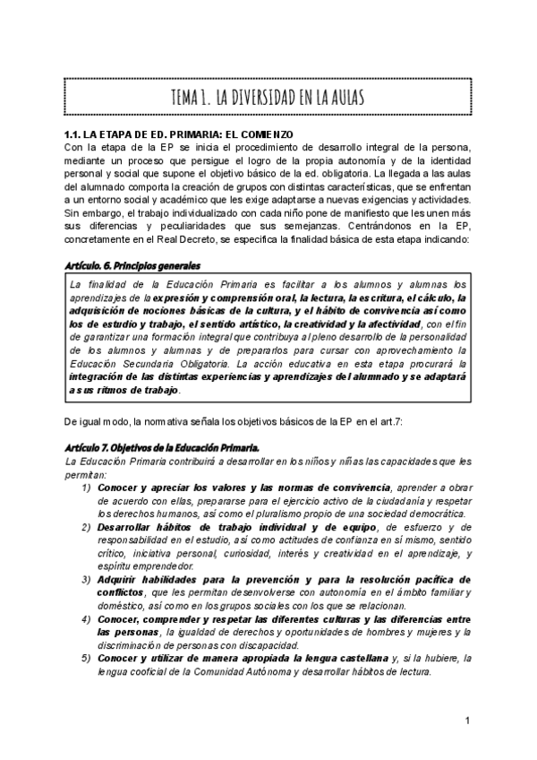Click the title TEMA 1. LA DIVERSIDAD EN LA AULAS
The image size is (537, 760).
tap(268, 97)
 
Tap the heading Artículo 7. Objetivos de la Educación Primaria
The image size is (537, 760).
tap(162, 445)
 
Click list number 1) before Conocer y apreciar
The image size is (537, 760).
tap(87, 487)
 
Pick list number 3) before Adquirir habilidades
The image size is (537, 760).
tap(87, 580)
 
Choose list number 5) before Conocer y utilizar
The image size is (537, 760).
tap(87, 660)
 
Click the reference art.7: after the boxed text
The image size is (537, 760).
tap(388, 422)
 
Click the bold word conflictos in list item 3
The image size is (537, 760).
tap(121, 592)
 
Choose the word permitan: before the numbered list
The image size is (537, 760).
tap(87, 473)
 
